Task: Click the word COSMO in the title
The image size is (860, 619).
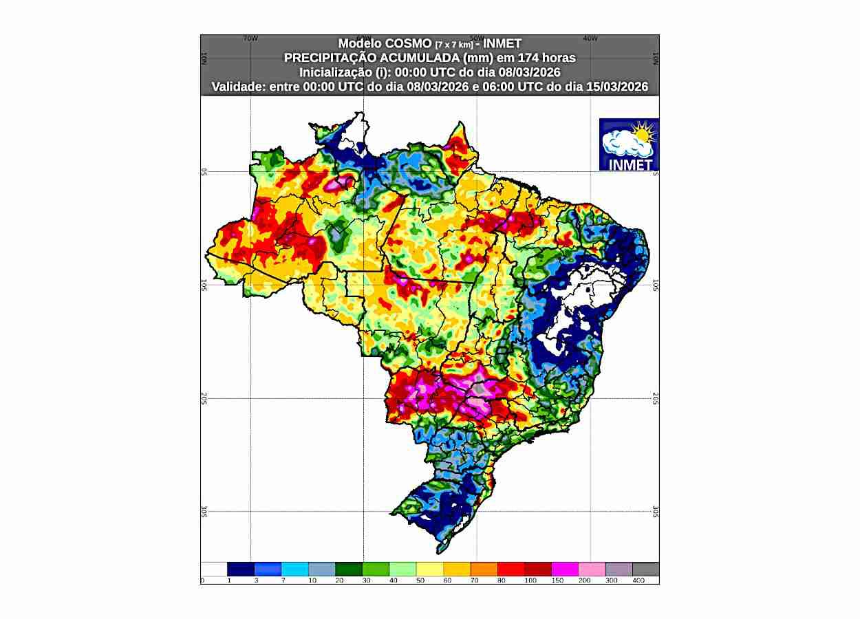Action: click(x=399, y=43)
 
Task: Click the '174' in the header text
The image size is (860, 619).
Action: click(x=526, y=58)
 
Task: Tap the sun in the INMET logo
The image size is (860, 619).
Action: click(x=643, y=132)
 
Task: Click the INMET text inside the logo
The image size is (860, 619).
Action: click(x=630, y=165)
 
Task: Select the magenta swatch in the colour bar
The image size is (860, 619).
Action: click(x=564, y=569)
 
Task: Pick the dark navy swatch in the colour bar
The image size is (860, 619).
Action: click(x=241, y=569)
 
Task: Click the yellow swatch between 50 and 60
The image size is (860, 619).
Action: click(x=429, y=569)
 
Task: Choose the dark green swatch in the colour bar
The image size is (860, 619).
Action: click(x=349, y=569)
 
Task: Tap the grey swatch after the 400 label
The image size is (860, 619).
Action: click(x=645, y=569)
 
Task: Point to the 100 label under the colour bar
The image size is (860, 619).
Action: click(x=530, y=580)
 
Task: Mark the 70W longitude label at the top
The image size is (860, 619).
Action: click(x=250, y=39)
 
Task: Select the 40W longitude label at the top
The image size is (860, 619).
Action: click(x=590, y=39)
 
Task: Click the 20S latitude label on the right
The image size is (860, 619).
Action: click(x=656, y=398)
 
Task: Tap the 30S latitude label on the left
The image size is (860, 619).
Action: click(x=204, y=511)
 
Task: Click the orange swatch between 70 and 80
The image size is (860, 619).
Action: click(x=483, y=569)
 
